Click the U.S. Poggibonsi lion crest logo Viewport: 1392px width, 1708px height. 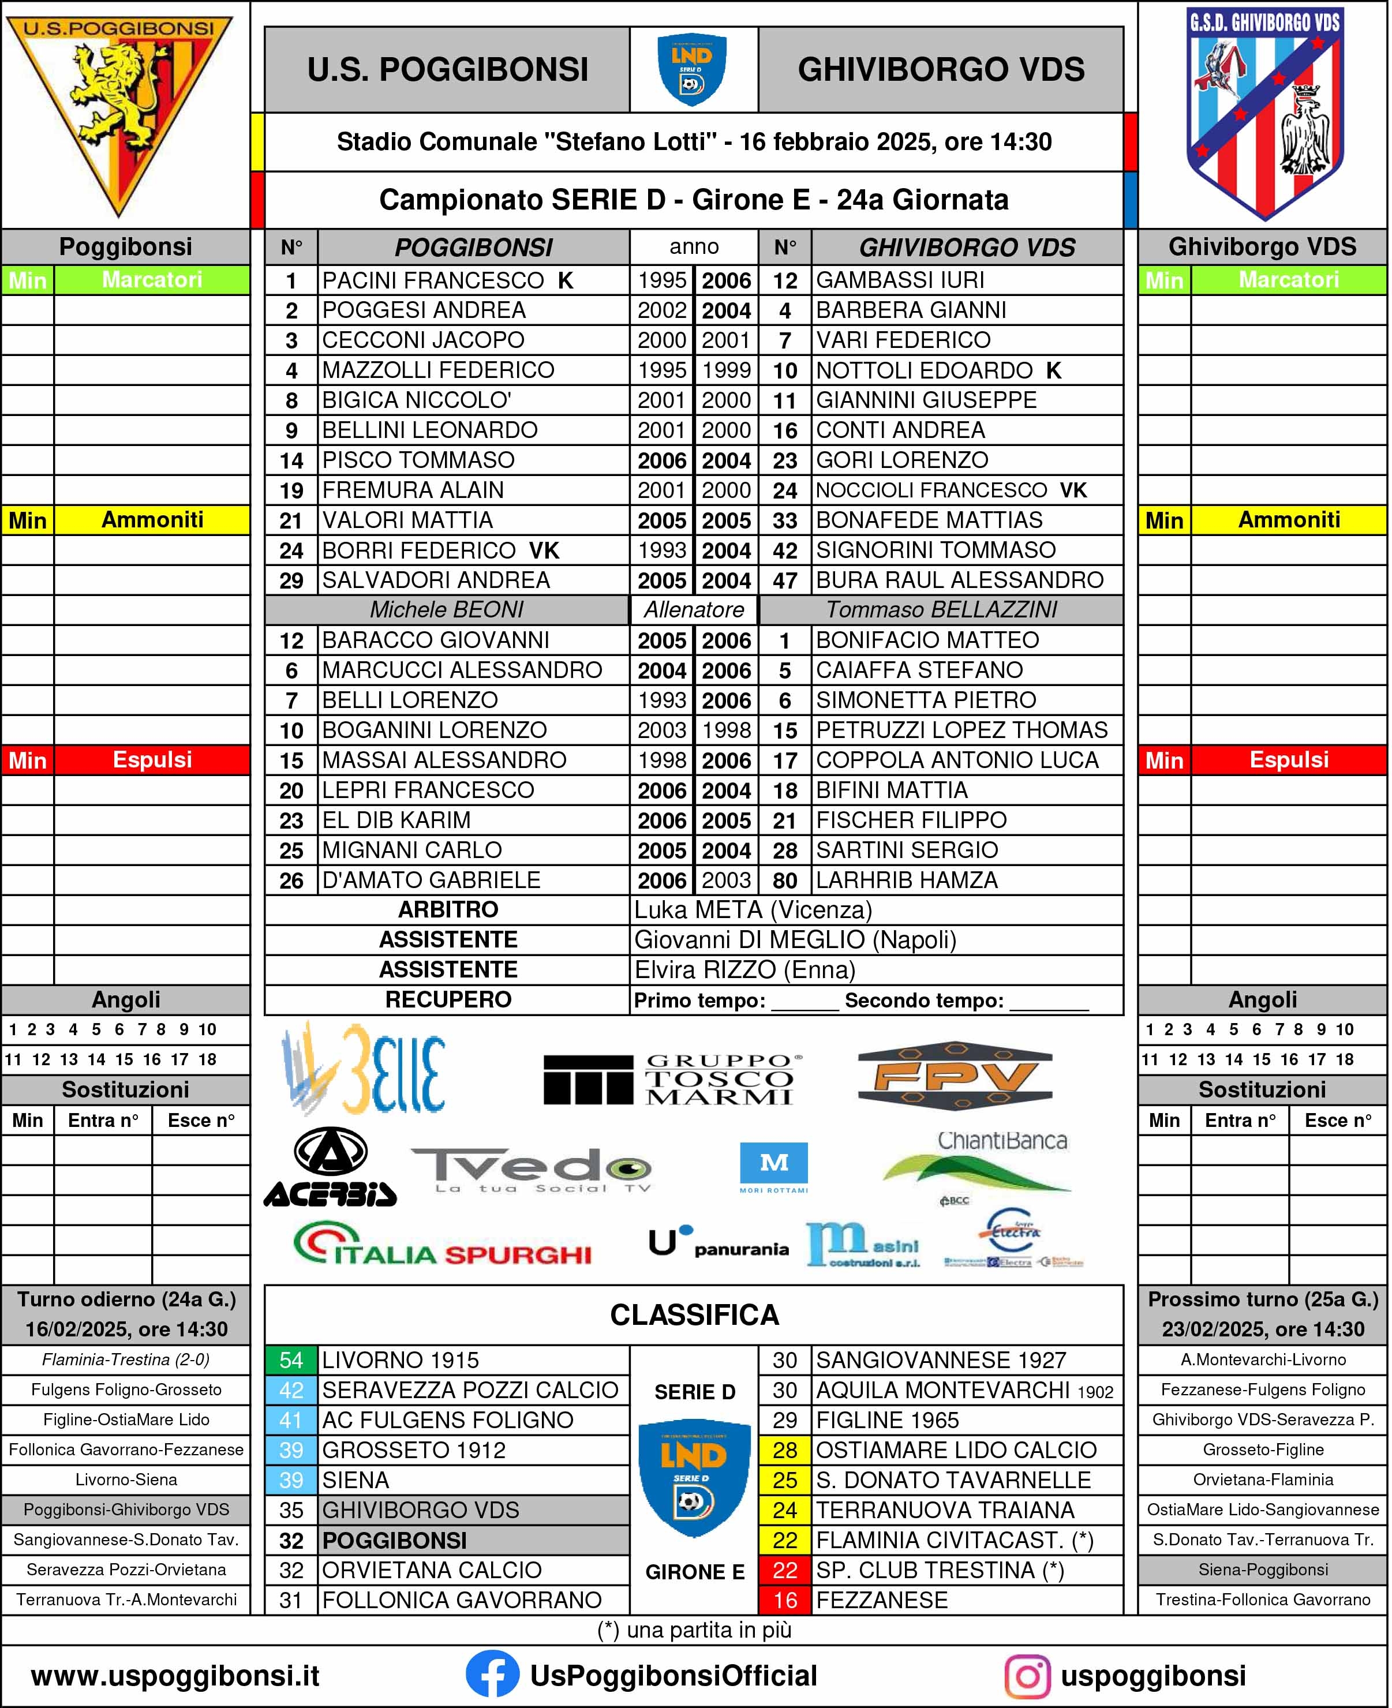click(120, 112)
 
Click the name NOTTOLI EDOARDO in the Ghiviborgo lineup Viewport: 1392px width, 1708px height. click(924, 370)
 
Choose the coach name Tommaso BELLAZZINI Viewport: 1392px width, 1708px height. click(941, 610)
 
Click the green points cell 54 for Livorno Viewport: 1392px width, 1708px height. click(291, 1360)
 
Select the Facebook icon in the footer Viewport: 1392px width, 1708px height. click(492, 1676)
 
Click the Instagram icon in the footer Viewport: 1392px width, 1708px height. click(1027, 1677)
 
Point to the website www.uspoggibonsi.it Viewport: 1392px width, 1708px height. click(175, 1676)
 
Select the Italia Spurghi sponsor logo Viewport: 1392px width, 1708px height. click(443, 1247)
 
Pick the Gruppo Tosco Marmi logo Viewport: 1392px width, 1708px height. click(672, 1079)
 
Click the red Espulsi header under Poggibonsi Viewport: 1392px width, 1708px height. click(152, 760)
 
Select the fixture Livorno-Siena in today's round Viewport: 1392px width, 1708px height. click(126, 1479)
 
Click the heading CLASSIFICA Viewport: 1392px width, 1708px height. click(694, 1314)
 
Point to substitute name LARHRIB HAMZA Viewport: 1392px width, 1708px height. click(906, 880)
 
